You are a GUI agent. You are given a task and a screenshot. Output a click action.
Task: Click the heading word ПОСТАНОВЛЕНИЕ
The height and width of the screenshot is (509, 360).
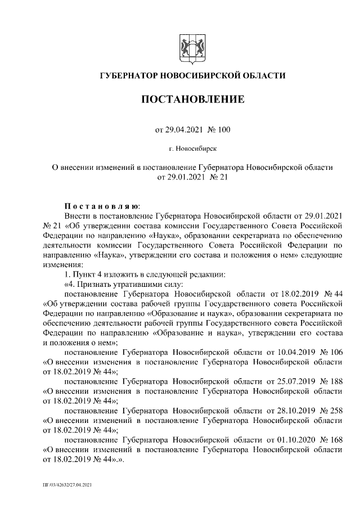click(x=192, y=100)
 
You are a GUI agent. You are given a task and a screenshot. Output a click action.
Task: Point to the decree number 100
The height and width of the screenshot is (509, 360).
click(x=223, y=130)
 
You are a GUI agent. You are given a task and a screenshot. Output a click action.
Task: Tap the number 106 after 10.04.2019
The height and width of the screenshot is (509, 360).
click(x=334, y=352)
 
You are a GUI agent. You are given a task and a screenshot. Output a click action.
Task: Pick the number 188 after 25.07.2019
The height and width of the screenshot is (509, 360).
click(x=334, y=381)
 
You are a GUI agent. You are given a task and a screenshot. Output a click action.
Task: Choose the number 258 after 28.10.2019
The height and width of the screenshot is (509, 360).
click(x=334, y=411)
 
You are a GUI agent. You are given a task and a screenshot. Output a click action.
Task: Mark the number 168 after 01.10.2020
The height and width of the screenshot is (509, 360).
click(x=334, y=440)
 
